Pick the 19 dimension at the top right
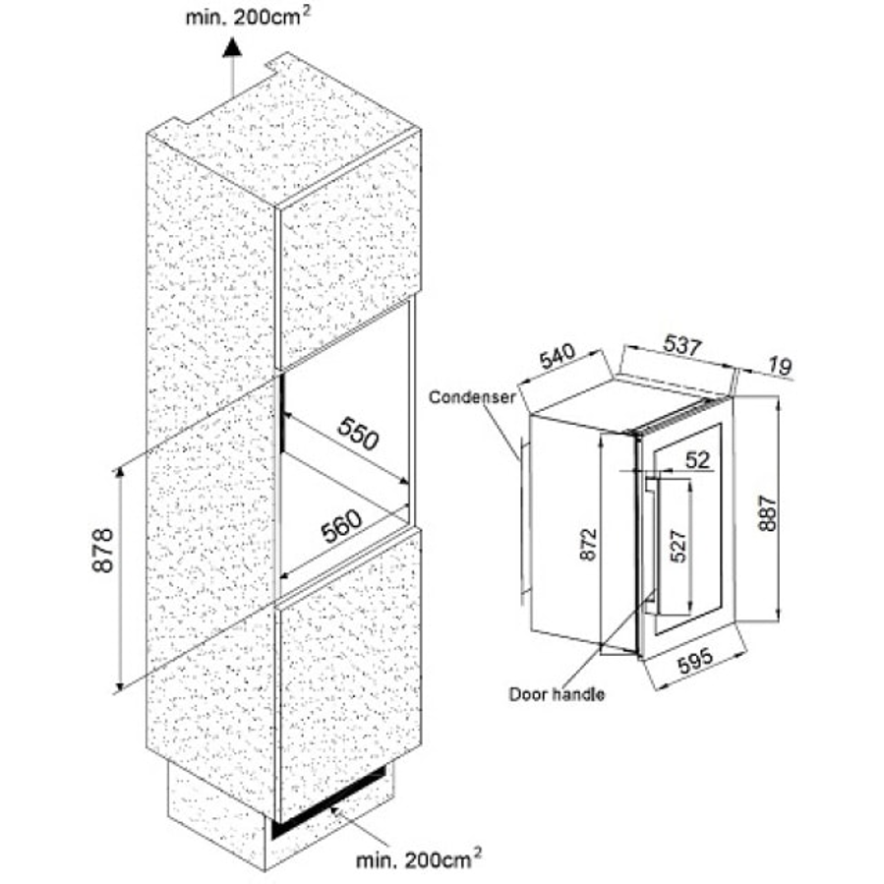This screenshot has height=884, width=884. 780,367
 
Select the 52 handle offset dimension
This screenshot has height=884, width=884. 697,458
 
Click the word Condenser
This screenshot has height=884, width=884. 472,397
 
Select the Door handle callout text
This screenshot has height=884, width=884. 556,694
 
